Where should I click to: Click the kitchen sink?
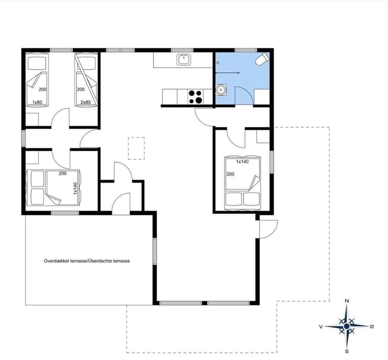tap(183, 60)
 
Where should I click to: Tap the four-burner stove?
tap(195, 97)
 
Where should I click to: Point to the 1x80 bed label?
tap(38, 102)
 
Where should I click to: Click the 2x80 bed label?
tap(85, 102)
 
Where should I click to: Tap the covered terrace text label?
tap(87, 261)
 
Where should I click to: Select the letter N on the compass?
tap(347, 301)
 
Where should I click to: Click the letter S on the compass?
tap(347, 351)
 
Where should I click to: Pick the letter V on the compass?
tap(321, 326)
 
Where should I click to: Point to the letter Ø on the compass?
tap(372, 326)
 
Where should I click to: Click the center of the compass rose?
tap(347, 326)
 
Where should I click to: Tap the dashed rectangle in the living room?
tap(136, 148)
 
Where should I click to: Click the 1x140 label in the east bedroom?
tap(242, 161)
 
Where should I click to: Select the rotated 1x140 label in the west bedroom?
tap(75, 188)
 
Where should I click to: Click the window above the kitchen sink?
tap(182, 50)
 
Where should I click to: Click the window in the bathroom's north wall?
tap(246, 50)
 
